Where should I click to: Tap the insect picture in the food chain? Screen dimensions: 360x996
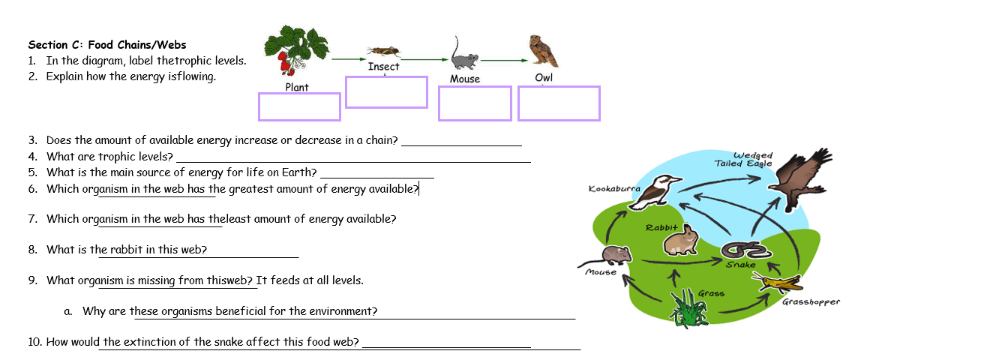tap(383, 51)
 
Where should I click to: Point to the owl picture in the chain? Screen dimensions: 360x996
tap(543, 51)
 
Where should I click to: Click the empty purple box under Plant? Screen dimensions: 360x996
tap(299, 106)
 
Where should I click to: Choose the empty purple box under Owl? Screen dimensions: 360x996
tap(559, 103)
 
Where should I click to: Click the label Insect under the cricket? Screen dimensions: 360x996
tap(383, 67)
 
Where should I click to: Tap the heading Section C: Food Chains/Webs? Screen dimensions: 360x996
tap(106, 45)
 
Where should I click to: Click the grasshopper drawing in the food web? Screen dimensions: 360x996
tap(778, 283)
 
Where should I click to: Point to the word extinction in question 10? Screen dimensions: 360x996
tap(156, 342)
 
